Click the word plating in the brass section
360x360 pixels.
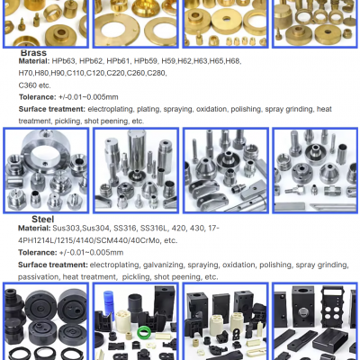coord(159,109)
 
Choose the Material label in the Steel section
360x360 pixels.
coord(34,229)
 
